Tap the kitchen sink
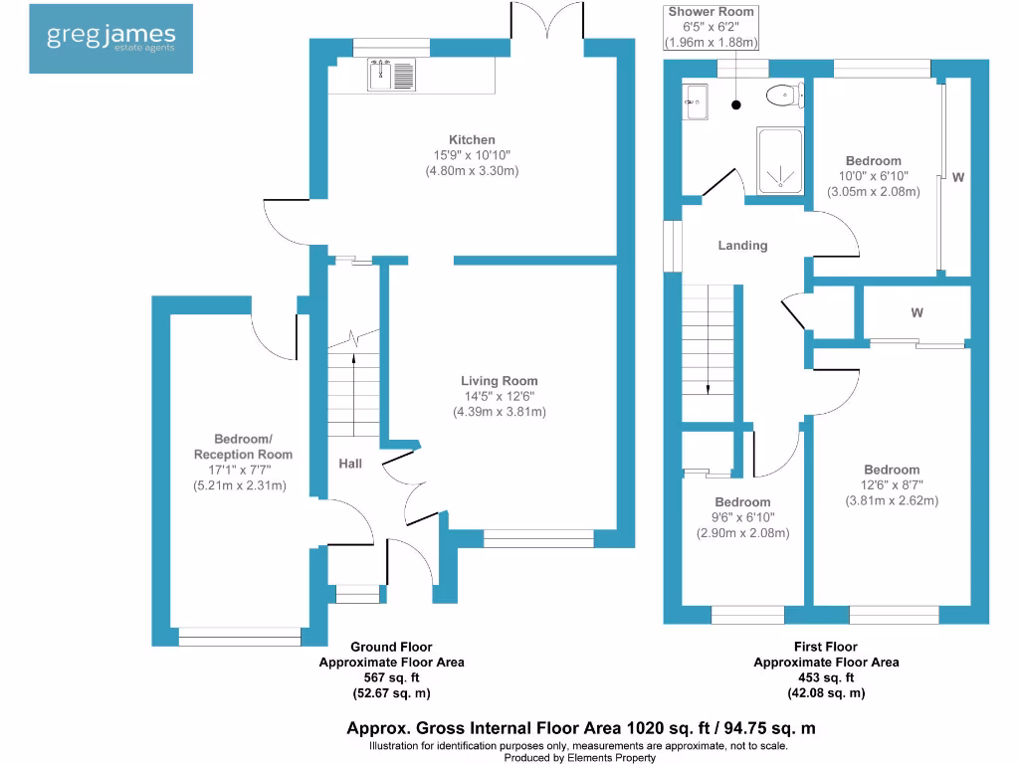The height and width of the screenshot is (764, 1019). click(391, 74)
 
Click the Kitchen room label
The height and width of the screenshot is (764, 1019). click(472, 140)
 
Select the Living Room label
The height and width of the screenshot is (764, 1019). click(499, 381)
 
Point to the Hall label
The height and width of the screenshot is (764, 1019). click(349, 464)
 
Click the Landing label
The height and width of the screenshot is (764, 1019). click(742, 246)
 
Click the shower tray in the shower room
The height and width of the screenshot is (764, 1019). click(781, 160)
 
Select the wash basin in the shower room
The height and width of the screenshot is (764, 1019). click(695, 100)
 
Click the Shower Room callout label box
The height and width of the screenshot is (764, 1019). click(712, 27)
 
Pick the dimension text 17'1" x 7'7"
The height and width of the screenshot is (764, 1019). click(239, 470)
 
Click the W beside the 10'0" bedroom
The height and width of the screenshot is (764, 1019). click(957, 177)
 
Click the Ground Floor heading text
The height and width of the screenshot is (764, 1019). click(391, 647)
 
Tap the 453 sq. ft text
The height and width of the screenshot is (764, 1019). click(825, 677)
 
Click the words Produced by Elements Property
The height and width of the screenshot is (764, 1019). click(579, 757)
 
